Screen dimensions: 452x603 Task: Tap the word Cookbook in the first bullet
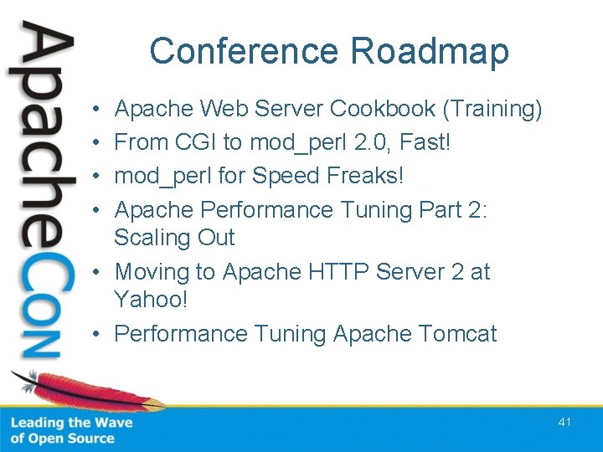(384, 109)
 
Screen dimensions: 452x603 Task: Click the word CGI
(195, 142)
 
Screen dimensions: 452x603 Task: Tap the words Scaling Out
(174, 238)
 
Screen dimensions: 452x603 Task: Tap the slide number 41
(564, 422)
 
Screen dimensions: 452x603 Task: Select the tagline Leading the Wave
(71, 423)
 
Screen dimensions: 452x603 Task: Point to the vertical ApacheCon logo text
(42, 193)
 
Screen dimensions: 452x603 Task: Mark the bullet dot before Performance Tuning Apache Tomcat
(97, 335)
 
